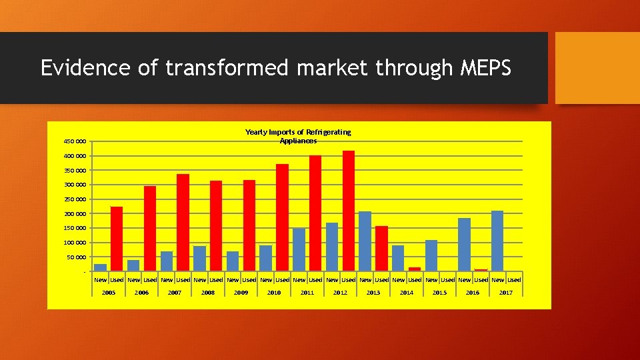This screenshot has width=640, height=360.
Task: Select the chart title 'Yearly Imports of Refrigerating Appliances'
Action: (298, 136)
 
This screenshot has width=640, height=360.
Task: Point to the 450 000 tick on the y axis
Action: (75, 141)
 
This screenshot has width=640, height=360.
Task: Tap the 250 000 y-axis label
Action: (75, 199)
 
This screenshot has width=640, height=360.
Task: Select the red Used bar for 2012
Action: (349, 210)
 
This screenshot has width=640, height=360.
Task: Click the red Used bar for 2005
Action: (117, 238)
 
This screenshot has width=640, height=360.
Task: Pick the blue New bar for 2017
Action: (497, 240)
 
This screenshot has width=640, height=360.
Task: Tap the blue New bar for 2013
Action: (365, 241)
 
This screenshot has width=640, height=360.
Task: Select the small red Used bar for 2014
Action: (415, 269)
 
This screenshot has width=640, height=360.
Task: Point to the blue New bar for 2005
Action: (100, 267)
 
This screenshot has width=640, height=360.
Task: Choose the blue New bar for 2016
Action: (464, 244)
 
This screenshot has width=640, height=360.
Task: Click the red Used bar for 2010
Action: (282, 217)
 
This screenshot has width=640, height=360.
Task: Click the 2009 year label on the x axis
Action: (241, 293)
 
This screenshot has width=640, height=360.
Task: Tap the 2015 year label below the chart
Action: (439, 293)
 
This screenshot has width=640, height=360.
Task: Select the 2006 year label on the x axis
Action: (141, 293)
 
